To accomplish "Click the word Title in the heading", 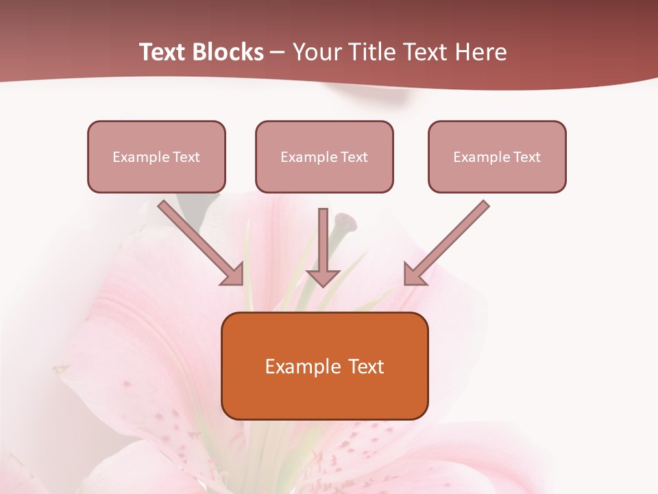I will point(363,52).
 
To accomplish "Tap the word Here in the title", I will point(480,52).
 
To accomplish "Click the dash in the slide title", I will point(278,53).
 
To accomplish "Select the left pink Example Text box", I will point(156,156).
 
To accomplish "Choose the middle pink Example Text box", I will point(324,156).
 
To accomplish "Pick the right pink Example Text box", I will point(497,156).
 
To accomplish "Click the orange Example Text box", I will point(324,366).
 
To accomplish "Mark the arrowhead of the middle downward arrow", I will point(323,277).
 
